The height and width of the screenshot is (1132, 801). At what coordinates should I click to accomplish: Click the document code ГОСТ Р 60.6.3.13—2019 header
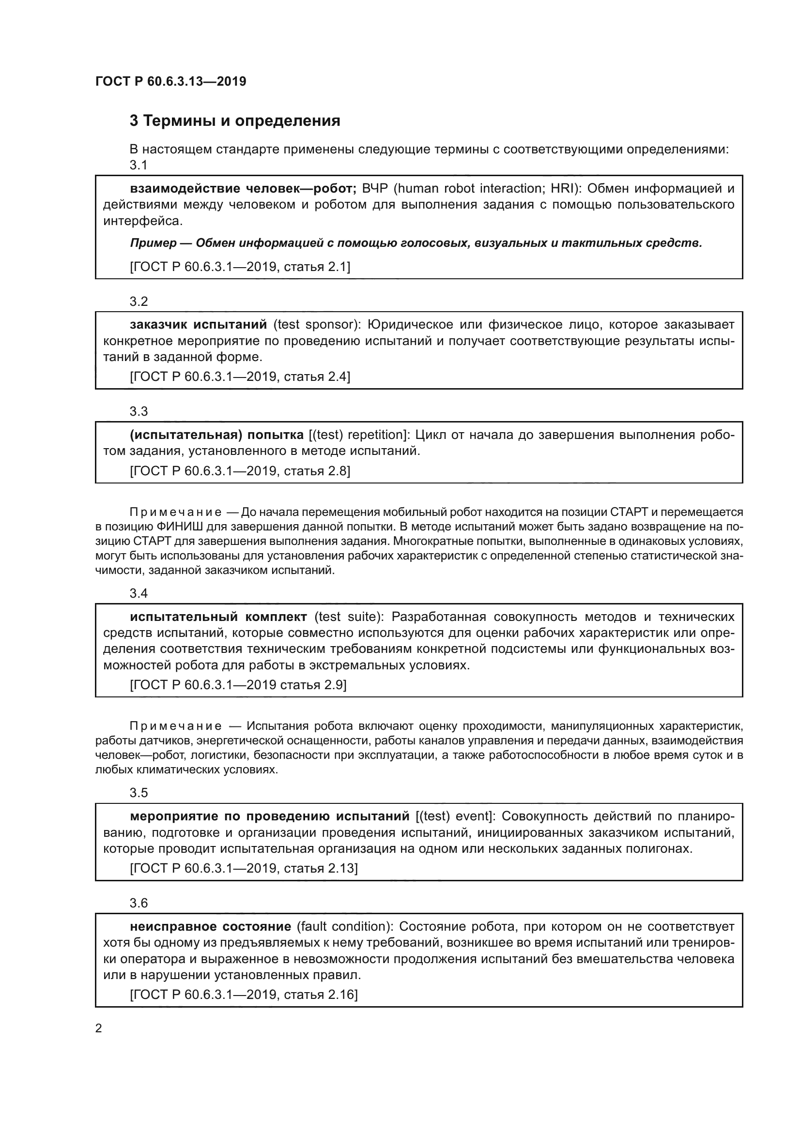tap(170, 81)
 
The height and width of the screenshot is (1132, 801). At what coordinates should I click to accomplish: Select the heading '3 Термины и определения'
tap(235, 121)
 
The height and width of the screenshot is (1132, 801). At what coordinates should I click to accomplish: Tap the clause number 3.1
tap(139, 165)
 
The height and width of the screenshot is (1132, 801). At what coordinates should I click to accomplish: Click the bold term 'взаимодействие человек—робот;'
tap(243, 188)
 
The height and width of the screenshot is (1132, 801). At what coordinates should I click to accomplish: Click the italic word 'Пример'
tap(153, 243)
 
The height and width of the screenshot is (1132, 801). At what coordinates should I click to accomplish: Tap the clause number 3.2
tap(139, 301)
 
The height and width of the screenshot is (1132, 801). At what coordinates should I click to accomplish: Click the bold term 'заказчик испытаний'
tap(198, 324)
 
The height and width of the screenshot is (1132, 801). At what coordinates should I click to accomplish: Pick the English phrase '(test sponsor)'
tap(316, 324)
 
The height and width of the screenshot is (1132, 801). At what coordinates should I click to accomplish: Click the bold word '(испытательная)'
tap(186, 435)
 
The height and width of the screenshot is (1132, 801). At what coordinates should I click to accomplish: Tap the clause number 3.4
tap(139, 593)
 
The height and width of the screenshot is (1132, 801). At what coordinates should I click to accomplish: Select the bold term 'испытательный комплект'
tap(218, 617)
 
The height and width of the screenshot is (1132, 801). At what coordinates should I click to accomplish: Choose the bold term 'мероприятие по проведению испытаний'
tap(270, 816)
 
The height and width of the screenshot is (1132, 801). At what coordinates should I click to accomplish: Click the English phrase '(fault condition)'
tap(344, 926)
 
